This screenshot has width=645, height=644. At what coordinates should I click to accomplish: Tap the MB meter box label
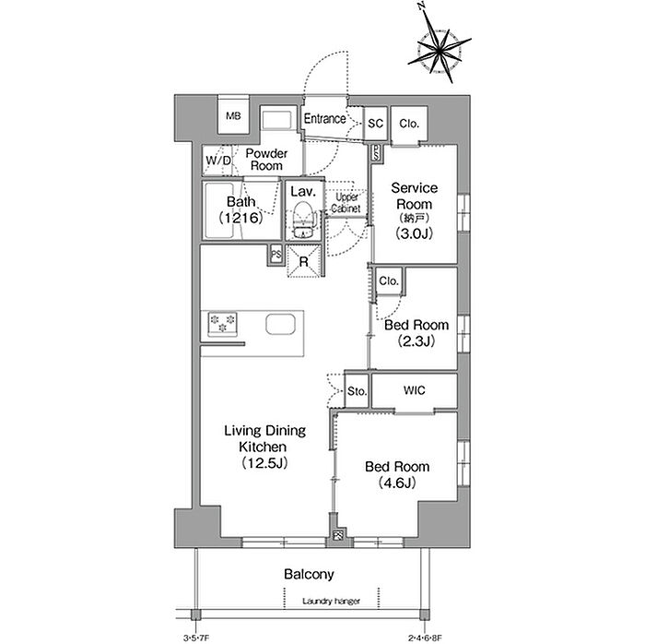[x=233, y=116]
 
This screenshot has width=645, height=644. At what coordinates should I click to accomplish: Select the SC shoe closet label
[x=375, y=123]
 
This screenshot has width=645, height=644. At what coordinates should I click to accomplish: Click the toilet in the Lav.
[x=303, y=220]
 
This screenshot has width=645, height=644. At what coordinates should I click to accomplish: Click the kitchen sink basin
[x=280, y=325]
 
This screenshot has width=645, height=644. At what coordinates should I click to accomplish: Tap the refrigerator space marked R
[x=304, y=261]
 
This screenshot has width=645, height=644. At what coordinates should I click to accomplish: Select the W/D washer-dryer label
[x=218, y=161]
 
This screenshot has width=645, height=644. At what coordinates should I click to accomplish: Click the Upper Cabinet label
[x=346, y=203]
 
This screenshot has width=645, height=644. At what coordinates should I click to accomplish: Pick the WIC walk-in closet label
[x=415, y=390]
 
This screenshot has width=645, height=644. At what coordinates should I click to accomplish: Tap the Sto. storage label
[x=357, y=391]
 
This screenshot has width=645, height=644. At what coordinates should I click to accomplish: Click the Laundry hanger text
[x=331, y=602]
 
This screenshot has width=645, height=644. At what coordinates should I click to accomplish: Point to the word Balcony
[x=309, y=575]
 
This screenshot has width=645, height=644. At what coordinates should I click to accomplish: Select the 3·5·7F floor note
[x=196, y=638]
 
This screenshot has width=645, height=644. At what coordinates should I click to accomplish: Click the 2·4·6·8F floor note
[x=425, y=638]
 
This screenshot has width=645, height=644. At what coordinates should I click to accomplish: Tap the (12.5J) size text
[x=264, y=463]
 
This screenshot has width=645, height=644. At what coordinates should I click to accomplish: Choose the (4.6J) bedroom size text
[x=396, y=483]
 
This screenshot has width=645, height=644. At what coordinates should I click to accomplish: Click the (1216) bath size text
[x=240, y=218]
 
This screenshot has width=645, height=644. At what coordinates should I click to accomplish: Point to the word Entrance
[x=324, y=119]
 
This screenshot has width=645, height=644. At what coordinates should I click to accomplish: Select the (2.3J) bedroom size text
[x=416, y=341]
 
